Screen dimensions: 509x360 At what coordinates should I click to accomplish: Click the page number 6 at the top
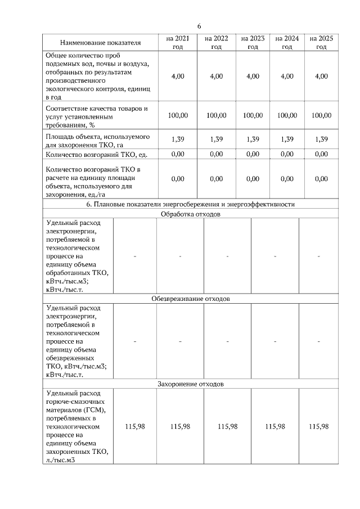[x=199, y=26]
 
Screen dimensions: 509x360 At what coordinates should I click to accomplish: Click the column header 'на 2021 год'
[x=178, y=42]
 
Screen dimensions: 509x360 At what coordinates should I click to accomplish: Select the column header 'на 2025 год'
[x=321, y=42]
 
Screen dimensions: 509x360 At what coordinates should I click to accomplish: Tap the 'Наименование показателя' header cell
[x=101, y=42]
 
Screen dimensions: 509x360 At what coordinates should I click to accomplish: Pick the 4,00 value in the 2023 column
[x=253, y=76]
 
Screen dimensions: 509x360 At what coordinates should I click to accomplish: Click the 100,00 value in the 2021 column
[x=178, y=115]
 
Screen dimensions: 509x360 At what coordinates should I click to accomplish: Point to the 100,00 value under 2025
[x=321, y=115]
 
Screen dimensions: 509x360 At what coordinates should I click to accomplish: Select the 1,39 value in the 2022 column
[x=216, y=139]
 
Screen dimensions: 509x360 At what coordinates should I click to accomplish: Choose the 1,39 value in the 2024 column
[x=287, y=139]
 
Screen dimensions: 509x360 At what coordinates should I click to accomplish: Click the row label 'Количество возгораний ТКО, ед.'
[x=96, y=154]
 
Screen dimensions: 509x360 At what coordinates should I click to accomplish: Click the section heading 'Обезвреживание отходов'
[x=190, y=299]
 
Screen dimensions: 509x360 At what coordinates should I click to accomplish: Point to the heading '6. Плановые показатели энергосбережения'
[x=190, y=204]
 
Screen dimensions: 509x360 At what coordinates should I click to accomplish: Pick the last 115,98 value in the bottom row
[x=318, y=427]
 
